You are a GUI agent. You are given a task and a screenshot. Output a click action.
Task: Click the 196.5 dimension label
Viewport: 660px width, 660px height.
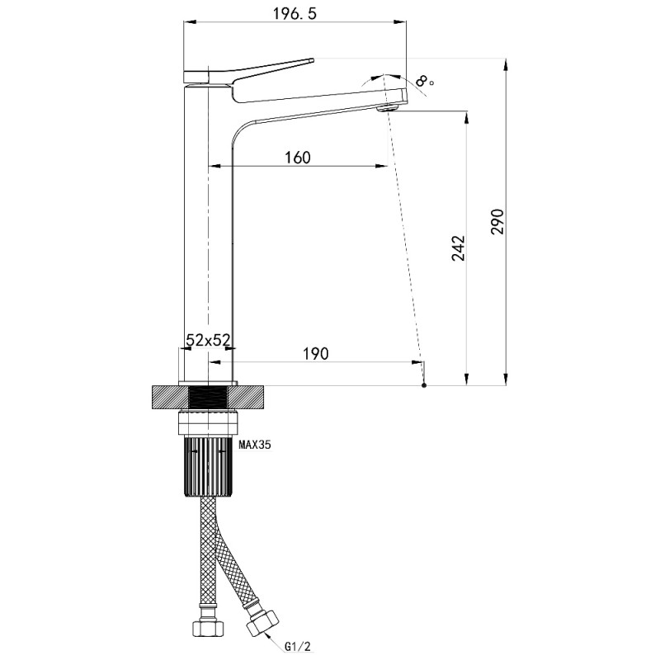pos(295,14)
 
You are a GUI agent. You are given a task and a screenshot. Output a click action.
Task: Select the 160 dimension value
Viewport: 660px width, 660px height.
pos(298,158)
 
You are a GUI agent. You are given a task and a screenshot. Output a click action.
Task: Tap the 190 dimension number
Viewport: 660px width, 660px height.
pos(316,354)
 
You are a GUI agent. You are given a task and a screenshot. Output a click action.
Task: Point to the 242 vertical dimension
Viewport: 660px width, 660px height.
pos(459,248)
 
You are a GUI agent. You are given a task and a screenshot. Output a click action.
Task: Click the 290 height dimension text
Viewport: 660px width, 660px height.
pos(497,221)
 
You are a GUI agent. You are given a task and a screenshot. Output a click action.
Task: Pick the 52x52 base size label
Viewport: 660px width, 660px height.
pos(208,340)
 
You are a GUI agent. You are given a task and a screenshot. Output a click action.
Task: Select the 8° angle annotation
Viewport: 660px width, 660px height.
pos(423,80)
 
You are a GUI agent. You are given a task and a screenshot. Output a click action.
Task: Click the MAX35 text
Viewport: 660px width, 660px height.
pos(255,444)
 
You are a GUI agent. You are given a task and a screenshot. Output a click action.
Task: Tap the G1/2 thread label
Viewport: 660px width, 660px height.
pos(298,646)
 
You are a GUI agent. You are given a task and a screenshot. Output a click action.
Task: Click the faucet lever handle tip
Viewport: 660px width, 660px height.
pos(312,60)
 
